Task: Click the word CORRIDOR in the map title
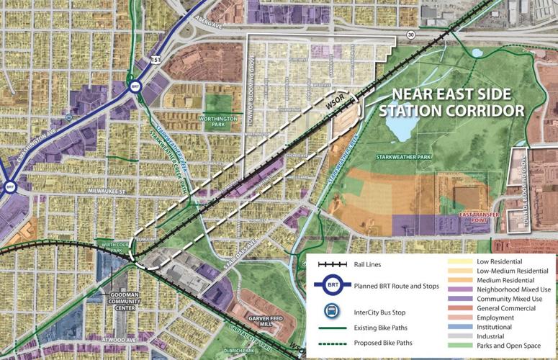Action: pyautogui.click(x=489, y=112)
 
